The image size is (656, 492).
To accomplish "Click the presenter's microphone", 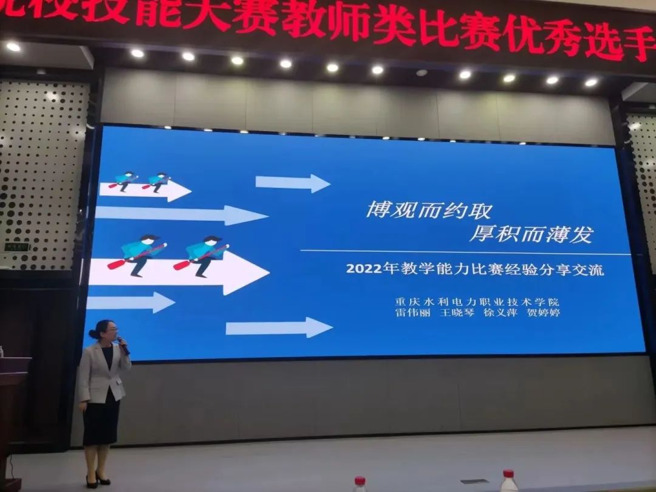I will (x=123, y=345).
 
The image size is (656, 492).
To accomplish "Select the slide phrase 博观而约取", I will (x=428, y=211).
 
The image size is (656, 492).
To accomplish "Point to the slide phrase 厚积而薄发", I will (x=530, y=234).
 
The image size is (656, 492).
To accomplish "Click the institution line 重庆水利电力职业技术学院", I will (x=477, y=301).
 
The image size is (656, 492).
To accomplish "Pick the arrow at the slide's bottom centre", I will (x=279, y=328).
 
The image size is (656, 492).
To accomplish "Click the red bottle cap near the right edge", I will (x=508, y=474).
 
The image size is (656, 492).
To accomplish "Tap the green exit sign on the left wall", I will (x=16, y=247).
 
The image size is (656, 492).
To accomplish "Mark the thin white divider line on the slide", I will (x=465, y=252).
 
